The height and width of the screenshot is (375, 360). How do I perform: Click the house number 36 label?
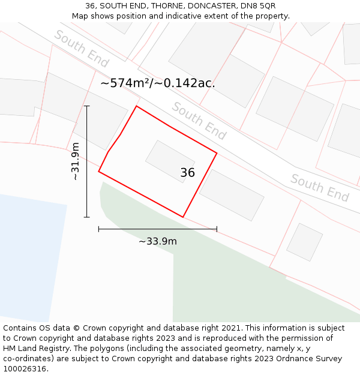187,173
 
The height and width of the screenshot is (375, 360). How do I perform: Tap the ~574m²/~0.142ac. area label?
158,83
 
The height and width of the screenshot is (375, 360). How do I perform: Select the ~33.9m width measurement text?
158,241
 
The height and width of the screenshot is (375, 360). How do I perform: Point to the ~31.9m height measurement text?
76,161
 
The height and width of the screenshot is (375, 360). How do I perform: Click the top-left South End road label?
82,49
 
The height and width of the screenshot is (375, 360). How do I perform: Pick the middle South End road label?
199,121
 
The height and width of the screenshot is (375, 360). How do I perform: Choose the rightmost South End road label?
319,188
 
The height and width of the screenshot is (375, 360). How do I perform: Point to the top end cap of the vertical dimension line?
87,106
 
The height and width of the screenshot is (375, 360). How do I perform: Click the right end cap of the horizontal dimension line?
217,229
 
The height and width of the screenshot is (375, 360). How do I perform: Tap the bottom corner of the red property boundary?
183,217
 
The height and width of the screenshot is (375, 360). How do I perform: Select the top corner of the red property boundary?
137,106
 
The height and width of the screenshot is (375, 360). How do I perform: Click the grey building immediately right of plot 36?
232,194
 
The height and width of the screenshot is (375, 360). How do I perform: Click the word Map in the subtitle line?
80,16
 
